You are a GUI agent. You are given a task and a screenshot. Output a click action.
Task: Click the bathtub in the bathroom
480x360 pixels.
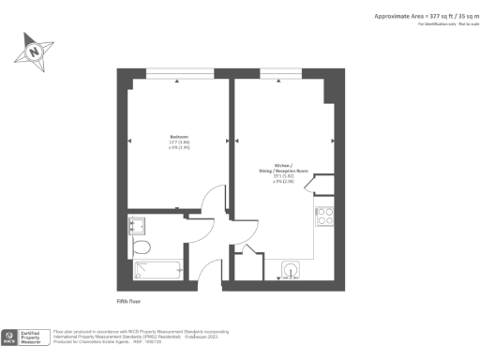[x=157, y=271]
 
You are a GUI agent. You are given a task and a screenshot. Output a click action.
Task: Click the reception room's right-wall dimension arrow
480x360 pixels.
[x=333, y=142]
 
